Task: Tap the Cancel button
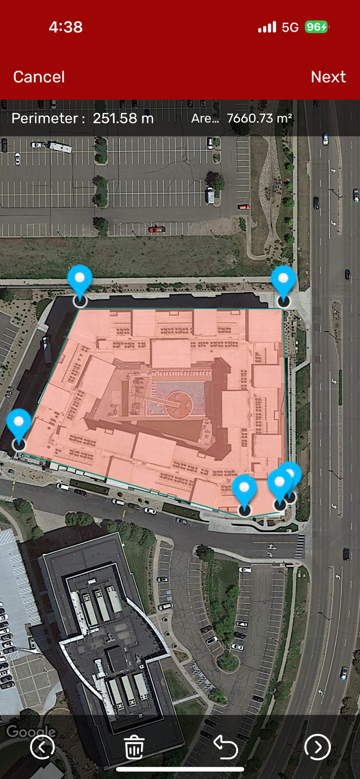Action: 39,77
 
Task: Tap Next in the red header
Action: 328,77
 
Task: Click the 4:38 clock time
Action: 65,27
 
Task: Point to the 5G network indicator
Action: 290,27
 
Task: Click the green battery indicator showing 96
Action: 316,27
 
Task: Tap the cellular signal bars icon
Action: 267,27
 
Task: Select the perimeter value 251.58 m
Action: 123,118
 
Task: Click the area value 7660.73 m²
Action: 259,118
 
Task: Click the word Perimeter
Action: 48,118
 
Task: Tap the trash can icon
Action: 134,748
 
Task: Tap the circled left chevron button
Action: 42,747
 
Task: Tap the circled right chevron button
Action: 317,747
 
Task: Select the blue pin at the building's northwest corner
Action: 80,280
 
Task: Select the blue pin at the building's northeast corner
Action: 284,280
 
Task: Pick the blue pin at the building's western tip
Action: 19,423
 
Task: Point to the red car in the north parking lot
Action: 156,229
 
